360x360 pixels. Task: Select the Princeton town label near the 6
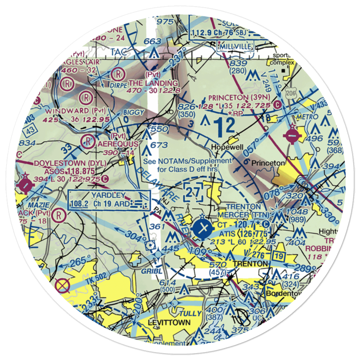(x=268, y=163)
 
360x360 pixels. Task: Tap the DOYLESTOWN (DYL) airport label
(x=70, y=163)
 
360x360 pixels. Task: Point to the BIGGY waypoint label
(x=134, y=112)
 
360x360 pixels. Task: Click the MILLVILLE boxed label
(x=236, y=46)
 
